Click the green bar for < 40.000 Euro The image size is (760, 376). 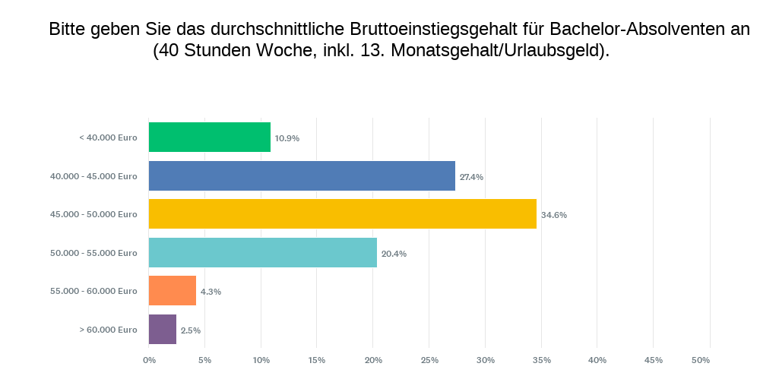pyautogui.click(x=209, y=137)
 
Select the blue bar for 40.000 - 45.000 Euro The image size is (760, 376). pyautogui.click(x=302, y=175)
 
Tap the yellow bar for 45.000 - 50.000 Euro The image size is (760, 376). pyautogui.click(x=342, y=214)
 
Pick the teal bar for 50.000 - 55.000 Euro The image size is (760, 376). pyautogui.click(x=262, y=253)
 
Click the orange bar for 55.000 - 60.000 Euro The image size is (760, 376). pyautogui.click(x=173, y=291)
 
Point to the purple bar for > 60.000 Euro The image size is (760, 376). pyautogui.click(x=163, y=330)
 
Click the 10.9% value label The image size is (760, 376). pyautogui.click(x=287, y=138)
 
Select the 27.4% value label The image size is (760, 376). pyautogui.click(x=471, y=177)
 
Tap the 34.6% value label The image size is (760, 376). pyautogui.click(x=553, y=215)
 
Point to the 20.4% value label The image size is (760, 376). pyautogui.click(x=394, y=254)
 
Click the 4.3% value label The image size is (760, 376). pyautogui.click(x=211, y=292)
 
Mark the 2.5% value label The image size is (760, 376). pyautogui.click(x=190, y=330)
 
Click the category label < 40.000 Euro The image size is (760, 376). pyautogui.click(x=108, y=137)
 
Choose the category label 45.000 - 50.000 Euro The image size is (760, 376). pyautogui.click(x=93, y=214)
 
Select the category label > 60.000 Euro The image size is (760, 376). pyautogui.click(x=108, y=330)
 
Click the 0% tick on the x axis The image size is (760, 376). pyautogui.click(x=149, y=360)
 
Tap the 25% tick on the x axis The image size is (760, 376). pyautogui.click(x=429, y=360)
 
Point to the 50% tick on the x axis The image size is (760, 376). pyautogui.click(x=701, y=360)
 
